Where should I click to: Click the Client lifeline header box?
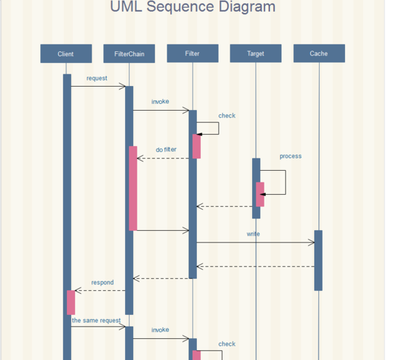66,53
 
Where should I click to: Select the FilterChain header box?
129,53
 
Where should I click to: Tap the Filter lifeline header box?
193,53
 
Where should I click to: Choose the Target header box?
256,53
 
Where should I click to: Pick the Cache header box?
318,53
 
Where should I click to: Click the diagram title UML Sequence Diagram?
193,8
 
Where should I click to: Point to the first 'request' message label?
96,79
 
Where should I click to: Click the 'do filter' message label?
166,150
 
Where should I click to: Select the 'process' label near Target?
290,156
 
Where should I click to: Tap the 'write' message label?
254,234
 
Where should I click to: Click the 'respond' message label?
102,282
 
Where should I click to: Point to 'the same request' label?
96,320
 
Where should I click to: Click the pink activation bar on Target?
260,194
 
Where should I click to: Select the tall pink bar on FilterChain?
133,188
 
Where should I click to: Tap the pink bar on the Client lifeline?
71,302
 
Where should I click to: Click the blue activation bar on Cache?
318,260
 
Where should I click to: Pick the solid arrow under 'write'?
255,243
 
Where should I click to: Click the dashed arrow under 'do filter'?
164,158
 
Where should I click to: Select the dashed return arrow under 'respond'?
100,290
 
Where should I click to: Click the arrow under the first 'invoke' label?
161,110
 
